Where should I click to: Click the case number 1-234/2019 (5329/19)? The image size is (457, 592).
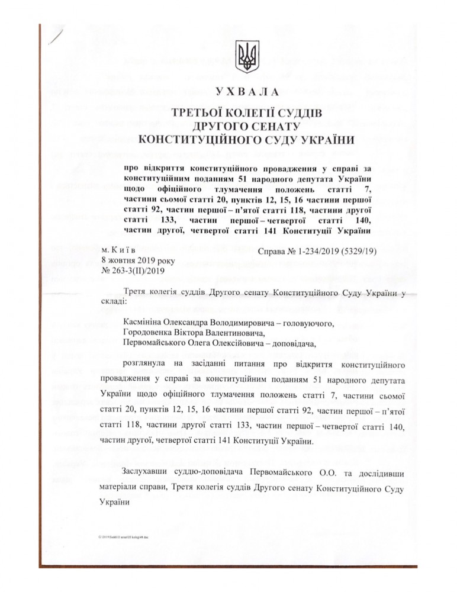[x=337, y=251]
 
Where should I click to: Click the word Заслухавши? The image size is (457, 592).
[x=147, y=472]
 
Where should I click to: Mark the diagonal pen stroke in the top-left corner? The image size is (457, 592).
[x=57, y=37]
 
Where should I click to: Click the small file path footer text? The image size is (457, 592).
[x=124, y=536]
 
